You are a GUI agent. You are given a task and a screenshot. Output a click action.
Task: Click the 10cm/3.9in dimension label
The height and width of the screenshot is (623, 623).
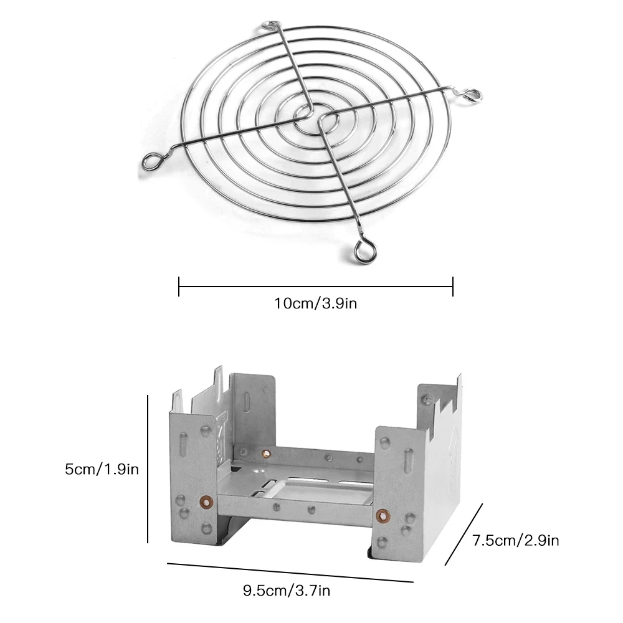coord(315,303)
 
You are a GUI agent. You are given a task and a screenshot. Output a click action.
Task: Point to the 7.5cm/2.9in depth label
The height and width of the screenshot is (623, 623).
coord(515,540)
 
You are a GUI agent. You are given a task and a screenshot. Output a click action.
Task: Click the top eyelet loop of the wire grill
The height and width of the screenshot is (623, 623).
coord(271,27)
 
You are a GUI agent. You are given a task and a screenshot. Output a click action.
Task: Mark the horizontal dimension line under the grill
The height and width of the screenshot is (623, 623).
coord(315,287)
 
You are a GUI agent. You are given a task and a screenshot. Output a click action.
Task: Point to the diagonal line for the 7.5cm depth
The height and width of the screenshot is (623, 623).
coord(464,535)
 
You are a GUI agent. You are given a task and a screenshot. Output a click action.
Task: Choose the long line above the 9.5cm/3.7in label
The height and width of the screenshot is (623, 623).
coord(290,573)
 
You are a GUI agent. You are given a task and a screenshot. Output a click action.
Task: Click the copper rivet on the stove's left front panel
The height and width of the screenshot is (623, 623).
coord(204,500)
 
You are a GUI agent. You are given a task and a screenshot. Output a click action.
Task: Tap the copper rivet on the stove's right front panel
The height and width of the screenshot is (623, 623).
coord(383,515)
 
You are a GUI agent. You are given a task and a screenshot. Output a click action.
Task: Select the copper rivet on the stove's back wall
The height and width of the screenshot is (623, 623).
coord(267,453)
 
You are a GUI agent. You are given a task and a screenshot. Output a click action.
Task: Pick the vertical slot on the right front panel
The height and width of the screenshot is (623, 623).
coord(406,464)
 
